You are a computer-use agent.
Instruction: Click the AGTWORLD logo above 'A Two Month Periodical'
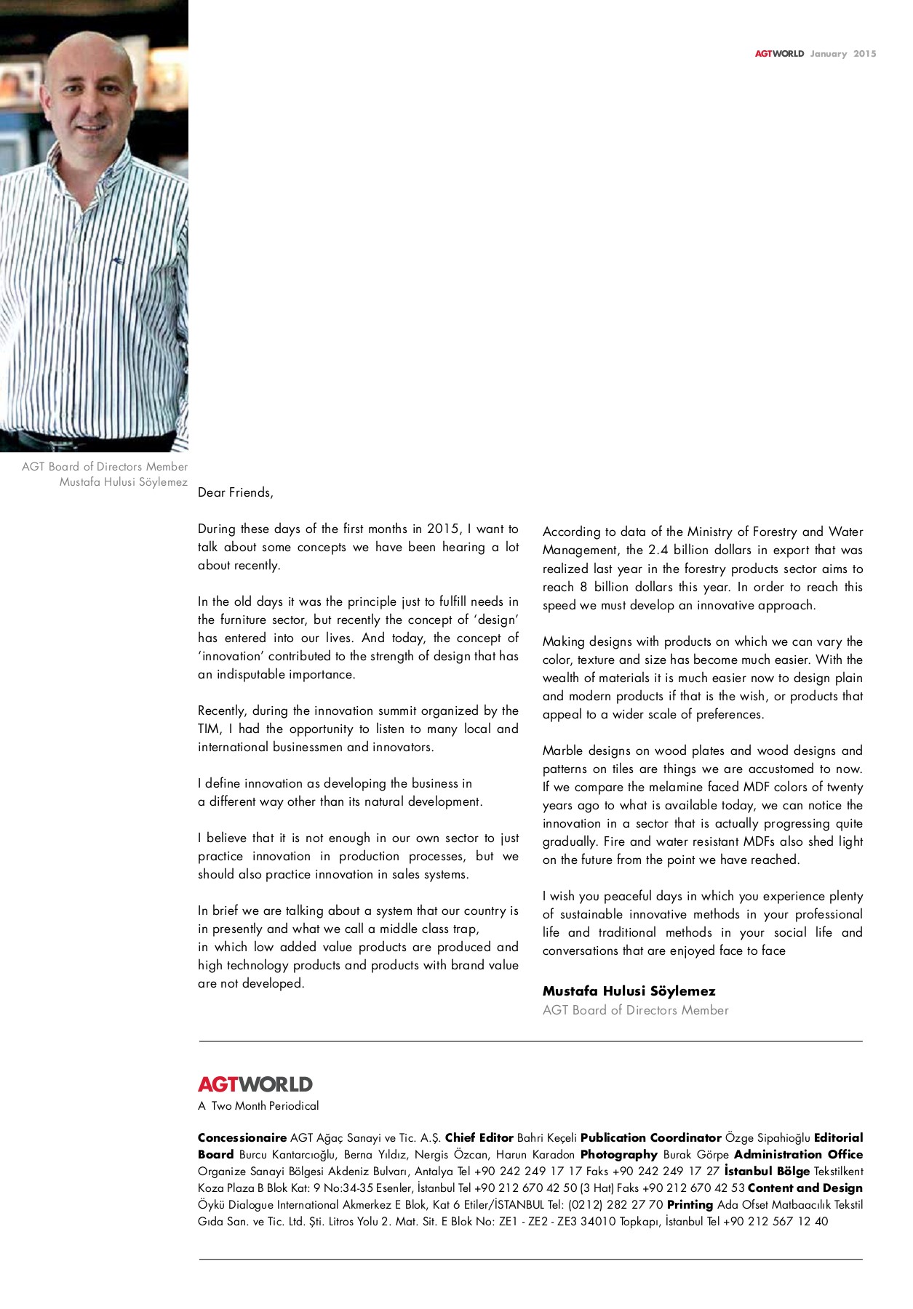click(255, 1084)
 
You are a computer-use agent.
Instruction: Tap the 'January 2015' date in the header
click(843, 54)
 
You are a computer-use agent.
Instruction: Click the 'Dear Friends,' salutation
click(235, 492)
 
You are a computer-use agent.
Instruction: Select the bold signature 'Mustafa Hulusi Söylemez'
click(629, 990)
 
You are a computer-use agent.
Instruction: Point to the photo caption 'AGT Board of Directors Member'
click(105, 466)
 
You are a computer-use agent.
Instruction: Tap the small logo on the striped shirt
click(118, 260)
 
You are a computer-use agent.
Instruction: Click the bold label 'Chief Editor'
click(479, 1137)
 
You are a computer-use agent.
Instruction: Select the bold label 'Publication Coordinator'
click(650, 1137)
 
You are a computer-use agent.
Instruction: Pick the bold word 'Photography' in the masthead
click(618, 1154)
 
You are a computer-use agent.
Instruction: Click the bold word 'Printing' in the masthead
click(689, 1204)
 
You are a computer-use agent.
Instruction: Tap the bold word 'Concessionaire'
click(242, 1137)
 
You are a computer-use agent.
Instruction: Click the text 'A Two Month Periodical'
click(258, 1105)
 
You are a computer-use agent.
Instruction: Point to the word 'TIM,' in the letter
click(210, 729)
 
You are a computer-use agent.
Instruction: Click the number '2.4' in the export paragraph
click(658, 550)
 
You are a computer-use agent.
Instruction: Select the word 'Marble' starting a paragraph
click(562, 750)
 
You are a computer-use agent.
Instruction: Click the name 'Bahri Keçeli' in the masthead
click(546, 1137)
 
